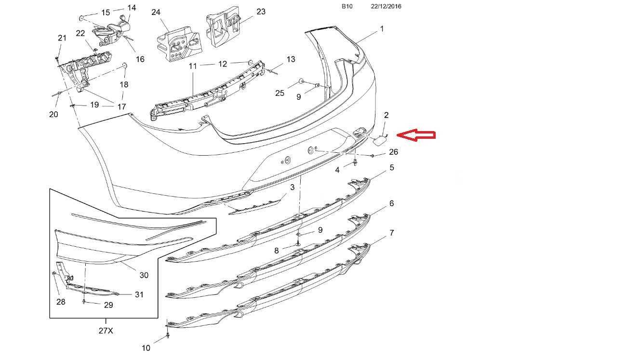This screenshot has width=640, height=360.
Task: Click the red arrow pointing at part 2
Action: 416,135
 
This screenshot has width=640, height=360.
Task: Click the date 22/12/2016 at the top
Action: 386,6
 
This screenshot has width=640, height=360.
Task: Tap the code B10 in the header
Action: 347,6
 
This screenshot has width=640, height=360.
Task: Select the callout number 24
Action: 156,12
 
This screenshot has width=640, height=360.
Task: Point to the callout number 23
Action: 261,12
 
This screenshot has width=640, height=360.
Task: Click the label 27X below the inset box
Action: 106,331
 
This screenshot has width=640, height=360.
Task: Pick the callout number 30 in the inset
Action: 144,275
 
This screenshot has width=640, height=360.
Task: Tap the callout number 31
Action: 139,294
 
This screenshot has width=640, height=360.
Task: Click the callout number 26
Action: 393,152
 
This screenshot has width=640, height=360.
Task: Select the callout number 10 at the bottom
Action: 146,348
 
